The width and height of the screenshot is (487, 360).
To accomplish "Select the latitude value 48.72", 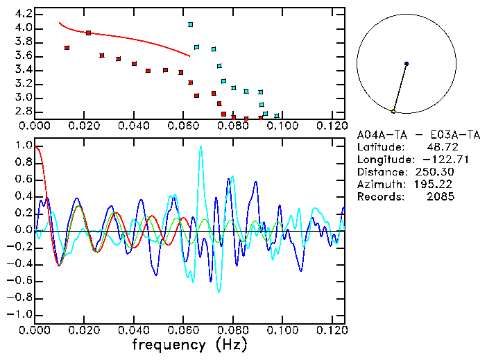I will tap(440, 147).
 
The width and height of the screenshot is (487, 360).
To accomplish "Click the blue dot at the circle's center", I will tap(407, 64).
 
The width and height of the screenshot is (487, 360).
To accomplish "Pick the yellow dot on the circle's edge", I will tap(393, 112).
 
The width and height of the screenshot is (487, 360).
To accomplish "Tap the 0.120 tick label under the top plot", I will tap(332, 126).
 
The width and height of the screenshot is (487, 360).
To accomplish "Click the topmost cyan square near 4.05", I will tap(191, 25).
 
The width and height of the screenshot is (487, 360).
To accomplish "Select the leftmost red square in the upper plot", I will tap(67, 48).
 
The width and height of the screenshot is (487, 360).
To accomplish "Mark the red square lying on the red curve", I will tap(88, 33).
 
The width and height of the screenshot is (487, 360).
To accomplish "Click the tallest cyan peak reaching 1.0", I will tap(201, 148).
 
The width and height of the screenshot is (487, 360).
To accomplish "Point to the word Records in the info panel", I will tap(379, 197).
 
